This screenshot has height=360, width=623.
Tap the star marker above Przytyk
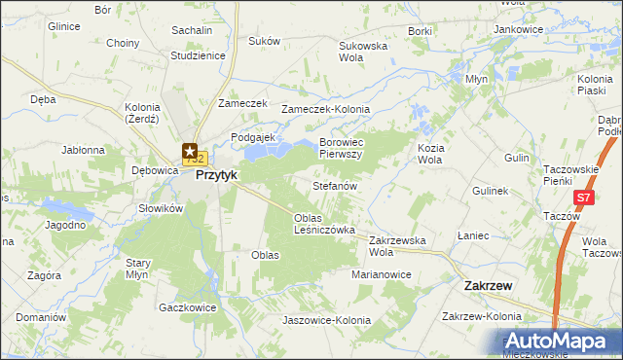[189, 150]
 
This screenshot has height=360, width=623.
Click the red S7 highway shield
[582, 198]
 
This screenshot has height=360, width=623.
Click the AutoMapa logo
[563, 342]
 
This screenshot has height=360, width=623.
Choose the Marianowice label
[382, 275]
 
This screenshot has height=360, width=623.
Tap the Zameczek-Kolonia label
[320, 110]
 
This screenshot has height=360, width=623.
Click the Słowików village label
[161, 208]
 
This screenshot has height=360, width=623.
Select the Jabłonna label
[83, 151]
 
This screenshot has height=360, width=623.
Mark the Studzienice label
[198, 55]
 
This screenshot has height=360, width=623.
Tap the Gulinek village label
[491, 192]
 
